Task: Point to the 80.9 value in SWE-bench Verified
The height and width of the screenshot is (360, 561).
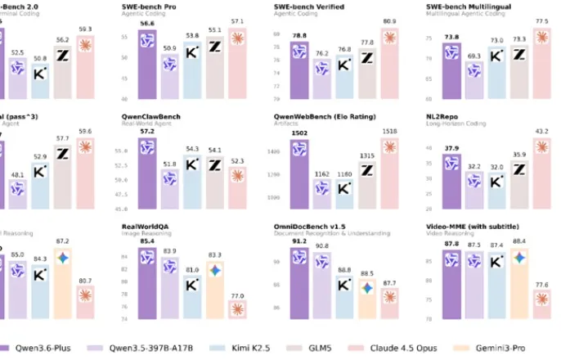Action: coord(389,21)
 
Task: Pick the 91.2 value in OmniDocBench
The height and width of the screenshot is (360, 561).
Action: coord(298,241)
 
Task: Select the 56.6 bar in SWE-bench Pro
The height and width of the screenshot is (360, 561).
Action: coord(148,57)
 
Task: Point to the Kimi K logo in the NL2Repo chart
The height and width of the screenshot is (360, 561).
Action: coord(496,182)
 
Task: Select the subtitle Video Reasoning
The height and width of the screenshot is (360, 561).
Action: coord(447,233)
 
